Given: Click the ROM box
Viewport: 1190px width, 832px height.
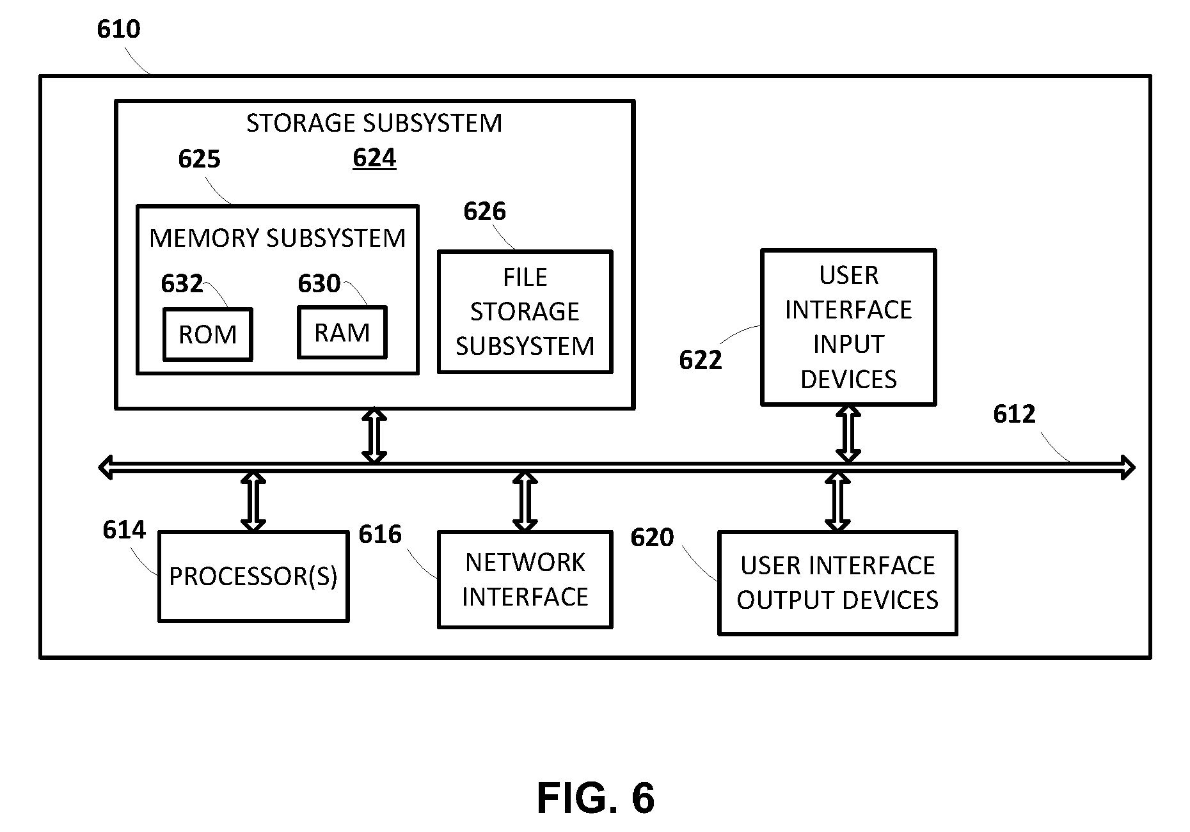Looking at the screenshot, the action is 207,334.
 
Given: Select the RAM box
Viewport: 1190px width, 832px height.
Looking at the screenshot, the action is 342,332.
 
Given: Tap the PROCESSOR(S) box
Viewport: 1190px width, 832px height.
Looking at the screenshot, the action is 253,576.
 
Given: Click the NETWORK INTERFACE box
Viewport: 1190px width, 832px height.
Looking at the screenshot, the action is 525,579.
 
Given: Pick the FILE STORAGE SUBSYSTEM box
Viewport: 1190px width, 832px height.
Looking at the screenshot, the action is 525,311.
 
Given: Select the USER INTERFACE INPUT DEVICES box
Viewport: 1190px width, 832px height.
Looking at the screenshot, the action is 848,327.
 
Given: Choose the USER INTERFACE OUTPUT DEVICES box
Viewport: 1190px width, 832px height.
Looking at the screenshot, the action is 837,583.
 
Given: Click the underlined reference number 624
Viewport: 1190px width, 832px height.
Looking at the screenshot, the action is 374,158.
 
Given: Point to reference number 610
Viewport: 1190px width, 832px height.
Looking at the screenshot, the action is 118,29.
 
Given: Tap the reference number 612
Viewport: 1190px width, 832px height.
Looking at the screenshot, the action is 1014,414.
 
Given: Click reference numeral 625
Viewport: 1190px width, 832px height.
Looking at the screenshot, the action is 199,159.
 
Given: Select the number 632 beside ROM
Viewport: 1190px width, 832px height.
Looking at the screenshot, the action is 182,283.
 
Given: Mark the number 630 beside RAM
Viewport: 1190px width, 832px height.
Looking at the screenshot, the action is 319,283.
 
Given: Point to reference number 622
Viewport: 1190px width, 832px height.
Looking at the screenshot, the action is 700,361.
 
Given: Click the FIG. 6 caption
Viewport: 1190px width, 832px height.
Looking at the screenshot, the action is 595,797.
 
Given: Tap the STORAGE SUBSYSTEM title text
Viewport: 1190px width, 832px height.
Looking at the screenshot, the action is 374,123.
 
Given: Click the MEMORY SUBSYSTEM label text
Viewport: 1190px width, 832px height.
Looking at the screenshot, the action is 277,238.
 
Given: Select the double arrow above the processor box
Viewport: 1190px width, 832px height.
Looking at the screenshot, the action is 253,502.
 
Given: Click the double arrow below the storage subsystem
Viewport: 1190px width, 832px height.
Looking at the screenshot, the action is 374,436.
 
